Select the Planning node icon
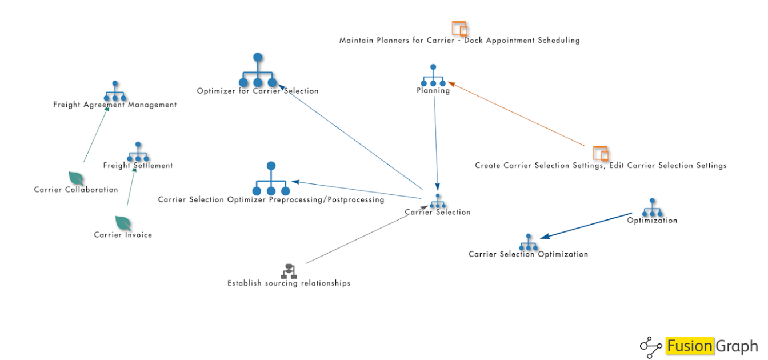(x=433, y=76)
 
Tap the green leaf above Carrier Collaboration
(x=76, y=178)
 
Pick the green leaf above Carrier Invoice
(x=123, y=223)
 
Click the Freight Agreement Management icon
(x=115, y=91)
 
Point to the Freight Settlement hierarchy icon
(x=138, y=153)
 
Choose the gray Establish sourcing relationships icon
(x=289, y=271)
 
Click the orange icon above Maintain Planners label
(x=459, y=29)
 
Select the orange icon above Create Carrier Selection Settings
(x=601, y=153)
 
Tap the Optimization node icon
(x=652, y=208)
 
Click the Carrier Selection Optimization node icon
(x=529, y=243)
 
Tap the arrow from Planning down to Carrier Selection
(x=436, y=143)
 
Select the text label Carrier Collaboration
(x=76, y=190)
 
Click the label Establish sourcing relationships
(x=289, y=283)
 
